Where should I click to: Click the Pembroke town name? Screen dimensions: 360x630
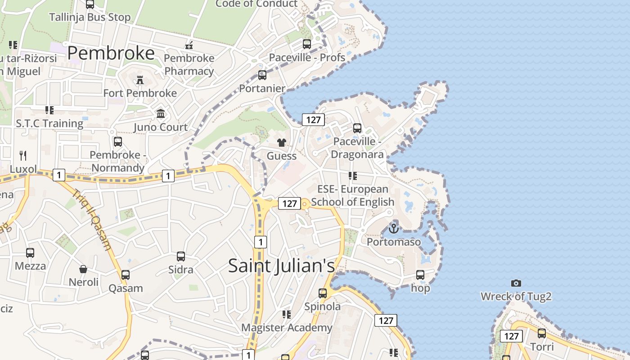(111, 53)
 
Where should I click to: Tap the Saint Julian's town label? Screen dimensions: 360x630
(282, 265)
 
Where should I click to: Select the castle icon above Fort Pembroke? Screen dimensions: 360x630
(140, 80)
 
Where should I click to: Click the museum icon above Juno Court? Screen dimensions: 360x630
(161, 114)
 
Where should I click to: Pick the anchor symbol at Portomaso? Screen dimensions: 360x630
(394, 229)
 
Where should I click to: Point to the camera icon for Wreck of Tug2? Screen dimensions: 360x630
(516, 283)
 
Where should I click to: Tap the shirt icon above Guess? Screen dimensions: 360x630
(282, 143)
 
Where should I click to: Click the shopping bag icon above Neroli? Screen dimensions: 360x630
(83, 269)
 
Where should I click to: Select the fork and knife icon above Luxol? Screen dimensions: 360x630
(23, 156)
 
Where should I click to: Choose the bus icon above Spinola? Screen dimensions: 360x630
(323, 293)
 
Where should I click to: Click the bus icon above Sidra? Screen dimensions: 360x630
(181, 256)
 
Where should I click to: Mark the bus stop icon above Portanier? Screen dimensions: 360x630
(262, 75)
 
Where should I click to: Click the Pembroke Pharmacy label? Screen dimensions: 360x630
(189, 65)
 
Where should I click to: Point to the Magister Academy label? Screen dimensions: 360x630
(287, 328)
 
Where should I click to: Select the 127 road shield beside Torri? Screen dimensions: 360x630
(511, 336)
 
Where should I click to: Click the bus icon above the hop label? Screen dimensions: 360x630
(420, 274)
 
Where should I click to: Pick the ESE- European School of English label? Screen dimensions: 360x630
(353, 195)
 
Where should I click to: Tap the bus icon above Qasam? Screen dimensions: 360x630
(126, 275)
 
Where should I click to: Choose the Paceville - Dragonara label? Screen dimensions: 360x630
(357, 148)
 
